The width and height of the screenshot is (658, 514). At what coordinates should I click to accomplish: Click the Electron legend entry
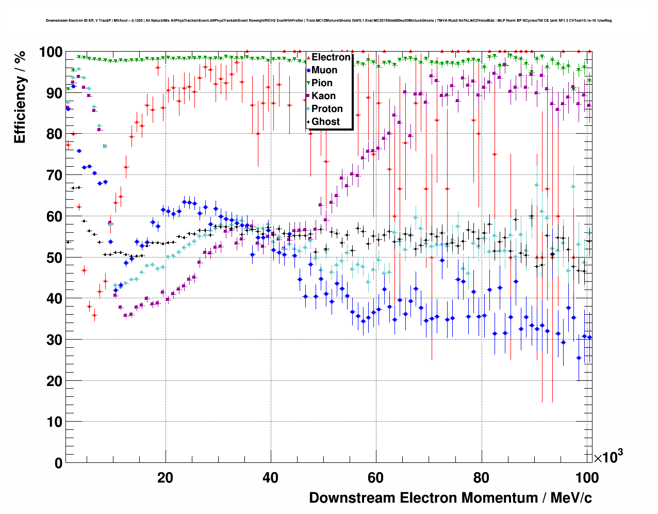(331, 57)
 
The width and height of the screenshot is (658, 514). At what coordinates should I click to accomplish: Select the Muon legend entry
(324, 70)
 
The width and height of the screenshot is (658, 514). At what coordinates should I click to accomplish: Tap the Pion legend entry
(322, 83)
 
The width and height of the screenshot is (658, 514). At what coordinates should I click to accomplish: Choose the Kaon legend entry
(323, 96)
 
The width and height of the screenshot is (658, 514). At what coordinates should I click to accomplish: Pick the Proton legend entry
(327, 109)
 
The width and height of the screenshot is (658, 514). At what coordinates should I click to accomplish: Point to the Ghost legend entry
(325, 122)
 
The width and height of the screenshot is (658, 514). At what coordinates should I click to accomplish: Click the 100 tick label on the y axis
(51, 52)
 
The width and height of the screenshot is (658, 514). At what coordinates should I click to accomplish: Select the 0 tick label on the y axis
(59, 463)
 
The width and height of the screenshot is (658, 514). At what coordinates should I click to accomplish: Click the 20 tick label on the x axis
(166, 478)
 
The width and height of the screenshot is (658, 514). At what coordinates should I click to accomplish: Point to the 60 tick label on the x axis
(376, 478)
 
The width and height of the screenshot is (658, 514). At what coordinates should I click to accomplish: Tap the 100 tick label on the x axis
(586, 478)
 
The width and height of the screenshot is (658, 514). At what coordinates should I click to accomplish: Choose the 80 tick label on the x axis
(481, 478)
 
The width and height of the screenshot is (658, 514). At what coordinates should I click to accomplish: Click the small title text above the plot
(328, 21)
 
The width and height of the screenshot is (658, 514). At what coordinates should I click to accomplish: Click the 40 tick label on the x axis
(271, 478)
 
